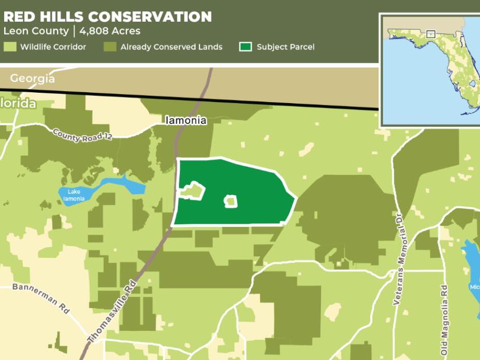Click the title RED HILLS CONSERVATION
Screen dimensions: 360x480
(x=108, y=17)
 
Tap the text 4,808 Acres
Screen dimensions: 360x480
(x=110, y=31)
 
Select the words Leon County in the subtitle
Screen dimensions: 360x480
(x=36, y=31)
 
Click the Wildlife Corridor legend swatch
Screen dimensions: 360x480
(x=10, y=47)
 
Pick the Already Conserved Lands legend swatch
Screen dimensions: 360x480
(x=109, y=47)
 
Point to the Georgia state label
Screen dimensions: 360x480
(x=32, y=79)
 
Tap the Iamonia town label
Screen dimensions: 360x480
(x=186, y=121)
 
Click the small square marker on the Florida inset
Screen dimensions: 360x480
(x=430, y=34)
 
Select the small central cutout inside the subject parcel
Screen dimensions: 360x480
(x=231, y=201)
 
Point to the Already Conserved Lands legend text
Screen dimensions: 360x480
(x=172, y=47)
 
